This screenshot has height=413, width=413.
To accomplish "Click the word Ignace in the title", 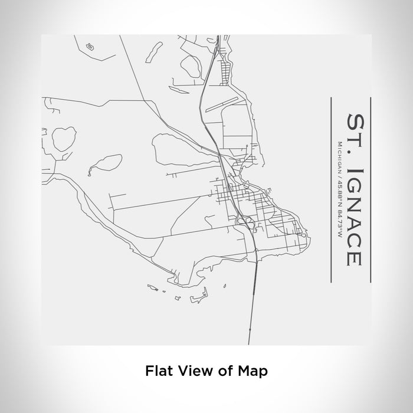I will point(355,215).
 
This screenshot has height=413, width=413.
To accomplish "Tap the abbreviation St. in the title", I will point(355,132).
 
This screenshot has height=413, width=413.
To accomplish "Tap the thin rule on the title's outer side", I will point(370,182).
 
